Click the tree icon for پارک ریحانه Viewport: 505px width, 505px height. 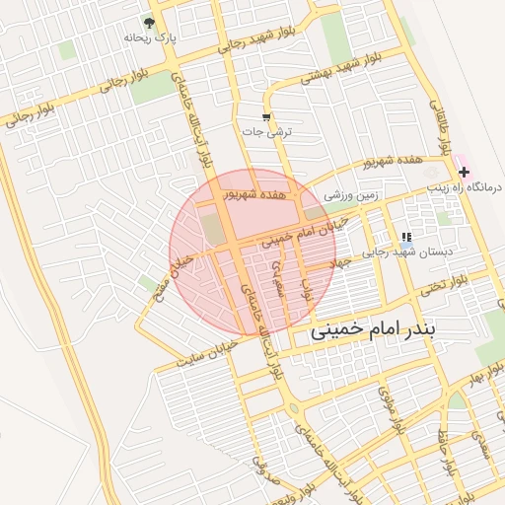coord(149,22)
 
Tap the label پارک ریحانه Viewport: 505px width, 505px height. coord(149,37)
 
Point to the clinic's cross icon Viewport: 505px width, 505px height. coord(464,172)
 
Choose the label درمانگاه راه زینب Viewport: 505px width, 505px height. coord(464,186)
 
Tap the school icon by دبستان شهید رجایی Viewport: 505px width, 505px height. coord(405,237)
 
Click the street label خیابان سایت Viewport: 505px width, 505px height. coord(208,353)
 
